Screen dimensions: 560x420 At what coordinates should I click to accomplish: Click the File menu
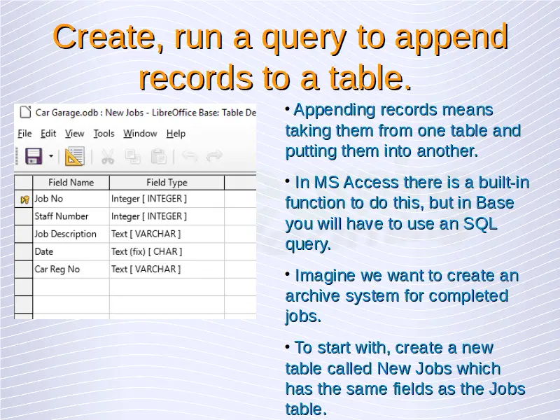(24, 134)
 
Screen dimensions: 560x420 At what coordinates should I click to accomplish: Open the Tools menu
(104, 134)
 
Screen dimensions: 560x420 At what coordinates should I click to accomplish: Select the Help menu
(176, 134)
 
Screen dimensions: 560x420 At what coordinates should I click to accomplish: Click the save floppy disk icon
(34, 156)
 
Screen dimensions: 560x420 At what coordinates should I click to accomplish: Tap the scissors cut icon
(108, 157)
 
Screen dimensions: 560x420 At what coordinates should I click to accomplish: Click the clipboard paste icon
(159, 157)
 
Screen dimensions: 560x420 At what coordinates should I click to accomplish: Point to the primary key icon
(24, 199)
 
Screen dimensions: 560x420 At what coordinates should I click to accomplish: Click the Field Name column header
(71, 183)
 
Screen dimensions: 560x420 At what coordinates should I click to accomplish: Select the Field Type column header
(167, 183)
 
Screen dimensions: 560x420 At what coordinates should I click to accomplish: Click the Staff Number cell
(62, 216)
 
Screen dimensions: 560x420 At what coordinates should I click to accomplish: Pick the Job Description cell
(65, 234)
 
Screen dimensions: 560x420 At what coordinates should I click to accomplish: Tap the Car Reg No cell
(57, 269)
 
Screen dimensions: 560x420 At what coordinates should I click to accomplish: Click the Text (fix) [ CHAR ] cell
(146, 252)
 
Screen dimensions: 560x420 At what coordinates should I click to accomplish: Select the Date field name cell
(44, 252)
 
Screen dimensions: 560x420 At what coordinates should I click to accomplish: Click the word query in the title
(304, 38)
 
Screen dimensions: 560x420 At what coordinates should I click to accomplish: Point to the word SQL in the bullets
(480, 224)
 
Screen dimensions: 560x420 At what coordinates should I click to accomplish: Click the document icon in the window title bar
(25, 112)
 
